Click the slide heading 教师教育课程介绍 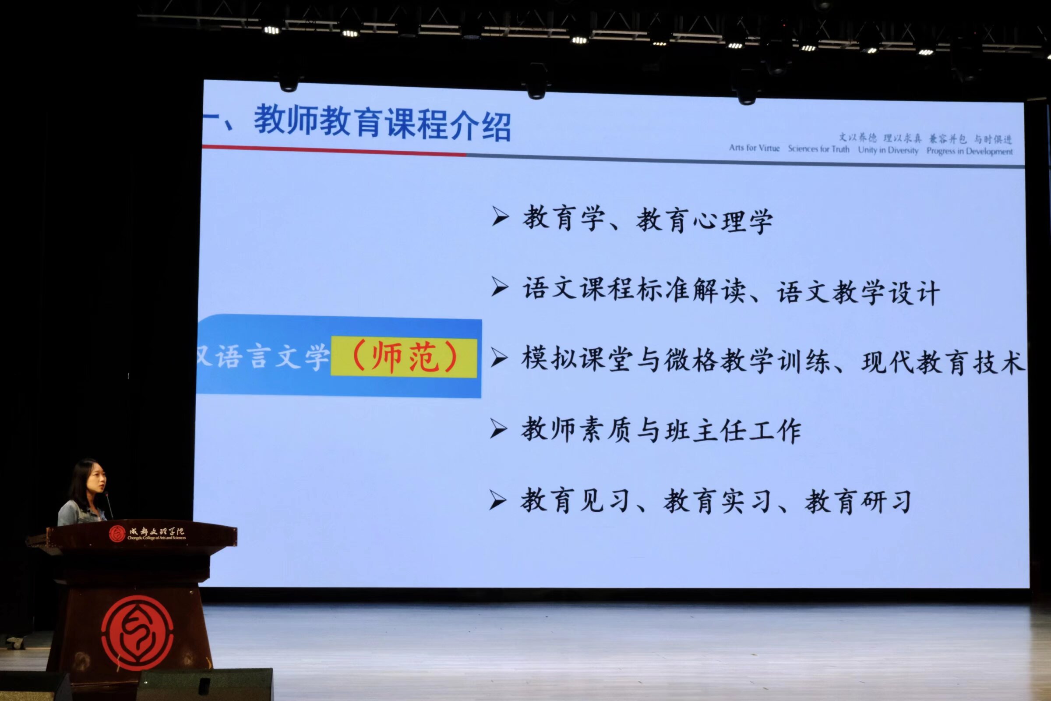[x=382, y=123]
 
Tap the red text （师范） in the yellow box [x=404, y=357]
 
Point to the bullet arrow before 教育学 [x=500, y=216]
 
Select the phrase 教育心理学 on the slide [x=704, y=221]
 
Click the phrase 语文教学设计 [x=858, y=293]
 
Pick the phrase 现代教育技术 [x=943, y=362]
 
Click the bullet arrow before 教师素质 [x=498, y=428]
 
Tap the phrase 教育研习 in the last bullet [x=858, y=502]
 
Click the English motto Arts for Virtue [x=754, y=148]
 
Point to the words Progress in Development [x=969, y=151]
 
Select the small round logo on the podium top [x=117, y=533]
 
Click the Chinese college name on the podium [x=156, y=531]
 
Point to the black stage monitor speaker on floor [x=205, y=684]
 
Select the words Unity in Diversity [x=888, y=150]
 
